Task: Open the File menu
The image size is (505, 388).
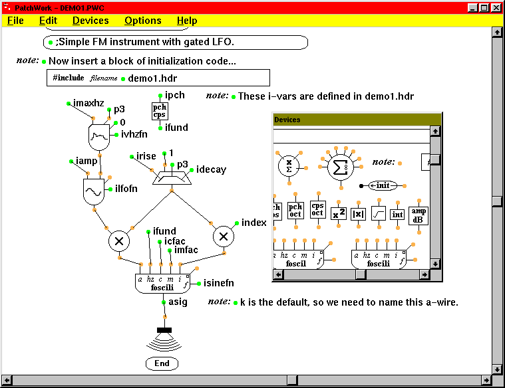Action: (15, 21)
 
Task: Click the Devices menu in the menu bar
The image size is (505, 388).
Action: (90, 21)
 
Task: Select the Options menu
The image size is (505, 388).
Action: (142, 21)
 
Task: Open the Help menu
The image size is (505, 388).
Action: (187, 21)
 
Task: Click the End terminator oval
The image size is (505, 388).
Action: (162, 363)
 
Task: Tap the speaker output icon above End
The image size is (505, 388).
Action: (163, 339)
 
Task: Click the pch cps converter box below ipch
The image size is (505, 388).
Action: (160, 111)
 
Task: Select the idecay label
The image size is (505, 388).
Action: (211, 169)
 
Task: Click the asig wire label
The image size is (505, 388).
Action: (178, 302)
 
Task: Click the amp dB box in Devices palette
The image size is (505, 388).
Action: (419, 215)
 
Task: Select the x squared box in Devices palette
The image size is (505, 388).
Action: (339, 214)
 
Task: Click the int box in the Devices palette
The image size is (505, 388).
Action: (397, 214)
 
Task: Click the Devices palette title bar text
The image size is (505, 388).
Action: (287, 120)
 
